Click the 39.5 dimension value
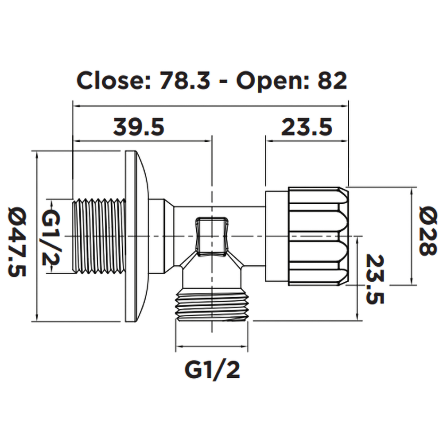[x=139, y=128]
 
